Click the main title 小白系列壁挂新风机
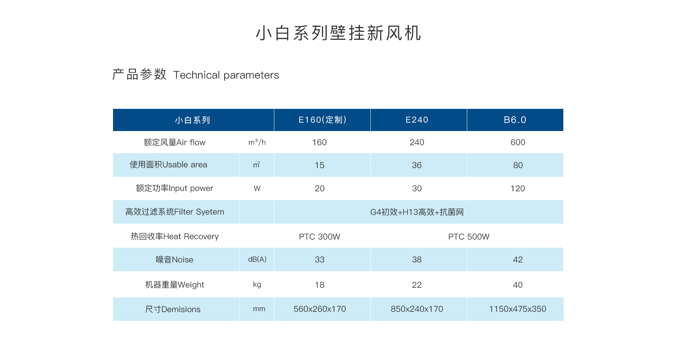click(x=338, y=33)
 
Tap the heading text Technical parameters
click(x=226, y=75)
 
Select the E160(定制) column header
click(x=323, y=120)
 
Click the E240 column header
click(x=417, y=120)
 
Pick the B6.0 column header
click(x=515, y=120)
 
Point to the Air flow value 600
click(x=518, y=142)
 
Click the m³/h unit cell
click(x=257, y=142)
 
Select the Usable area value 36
click(x=417, y=165)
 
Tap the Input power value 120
click(x=518, y=188)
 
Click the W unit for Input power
click(x=257, y=188)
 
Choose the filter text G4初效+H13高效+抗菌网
click(x=417, y=212)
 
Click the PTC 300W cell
click(x=320, y=237)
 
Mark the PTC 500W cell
click(x=469, y=237)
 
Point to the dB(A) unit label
click(x=257, y=259)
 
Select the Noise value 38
click(x=417, y=260)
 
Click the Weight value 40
click(x=518, y=285)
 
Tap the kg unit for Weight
click(x=257, y=285)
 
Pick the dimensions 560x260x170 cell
click(x=320, y=309)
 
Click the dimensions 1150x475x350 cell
click(x=518, y=309)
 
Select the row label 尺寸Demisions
click(x=173, y=309)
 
